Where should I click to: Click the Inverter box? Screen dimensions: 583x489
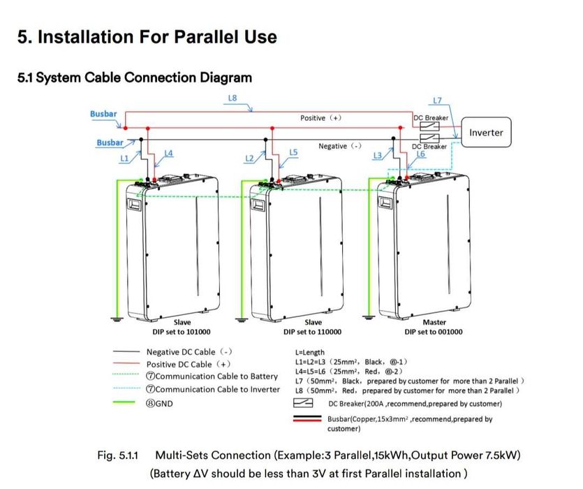tap(486, 132)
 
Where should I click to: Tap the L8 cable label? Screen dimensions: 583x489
tap(233, 98)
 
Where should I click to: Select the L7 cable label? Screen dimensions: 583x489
tap(437, 101)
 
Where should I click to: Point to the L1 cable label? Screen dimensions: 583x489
tap(124, 158)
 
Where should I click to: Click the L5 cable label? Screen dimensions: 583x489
tap(293, 152)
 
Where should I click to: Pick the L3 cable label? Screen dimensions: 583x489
tap(378, 156)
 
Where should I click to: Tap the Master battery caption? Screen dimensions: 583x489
tap(434, 322)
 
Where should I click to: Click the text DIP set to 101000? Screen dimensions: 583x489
tap(182, 332)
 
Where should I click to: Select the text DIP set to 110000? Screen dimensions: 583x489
tap(312, 332)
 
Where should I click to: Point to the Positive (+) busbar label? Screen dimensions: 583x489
tap(320, 118)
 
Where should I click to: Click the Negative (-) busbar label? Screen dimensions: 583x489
tap(340, 146)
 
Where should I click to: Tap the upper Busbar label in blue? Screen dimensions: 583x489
tap(103, 114)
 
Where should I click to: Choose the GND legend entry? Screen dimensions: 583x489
tap(159, 403)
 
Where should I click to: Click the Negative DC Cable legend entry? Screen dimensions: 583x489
tap(189, 351)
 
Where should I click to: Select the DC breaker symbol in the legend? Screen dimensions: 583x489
tap(303, 402)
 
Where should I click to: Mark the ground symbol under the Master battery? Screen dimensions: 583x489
tap(369, 317)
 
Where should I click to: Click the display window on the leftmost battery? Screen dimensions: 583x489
tap(134, 204)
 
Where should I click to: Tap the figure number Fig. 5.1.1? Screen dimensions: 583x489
tap(117, 455)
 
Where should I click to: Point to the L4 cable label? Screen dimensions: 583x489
tap(168, 153)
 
